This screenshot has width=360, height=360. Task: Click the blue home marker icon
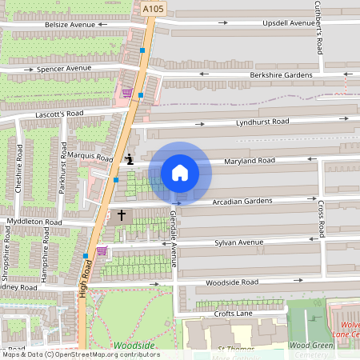[x=179, y=172]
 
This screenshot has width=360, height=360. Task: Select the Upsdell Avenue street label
[x=289, y=24]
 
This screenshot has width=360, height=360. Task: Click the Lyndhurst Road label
[x=262, y=122]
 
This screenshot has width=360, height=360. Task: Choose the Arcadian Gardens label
[x=242, y=201]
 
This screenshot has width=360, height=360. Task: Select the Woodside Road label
[x=232, y=282]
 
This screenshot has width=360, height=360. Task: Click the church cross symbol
[x=122, y=215]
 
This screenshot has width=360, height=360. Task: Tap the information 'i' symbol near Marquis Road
[x=129, y=159]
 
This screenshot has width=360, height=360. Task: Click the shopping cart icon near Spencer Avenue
[x=126, y=92]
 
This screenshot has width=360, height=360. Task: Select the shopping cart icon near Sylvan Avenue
[x=102, y=250]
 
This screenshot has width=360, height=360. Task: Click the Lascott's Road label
[x=59, y=114]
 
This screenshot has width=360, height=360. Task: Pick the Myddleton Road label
[x=33, y=221]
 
